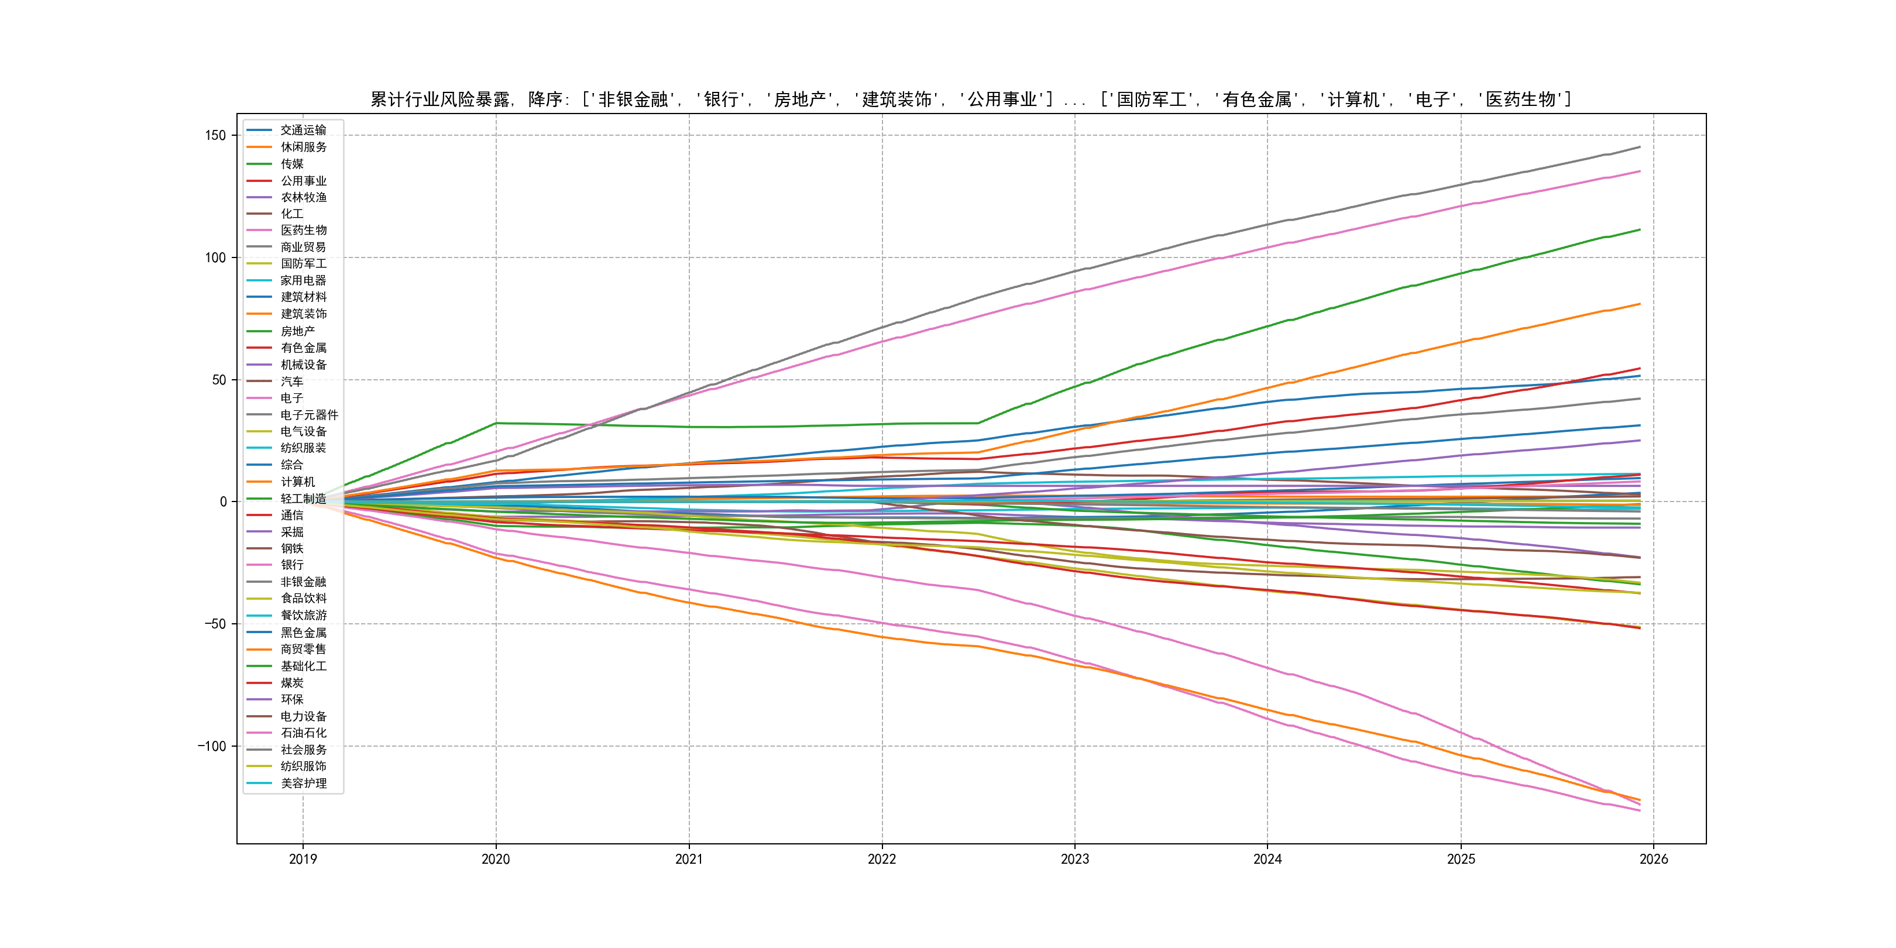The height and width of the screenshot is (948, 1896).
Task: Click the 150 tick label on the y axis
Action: (215, 135)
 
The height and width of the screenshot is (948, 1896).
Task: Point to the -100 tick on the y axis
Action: (211, 746)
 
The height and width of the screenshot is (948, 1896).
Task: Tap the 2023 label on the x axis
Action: (1074, 859)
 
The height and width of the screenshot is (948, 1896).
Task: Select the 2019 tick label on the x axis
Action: (303, 859)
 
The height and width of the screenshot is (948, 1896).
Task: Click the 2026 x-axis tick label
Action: (1654, 859)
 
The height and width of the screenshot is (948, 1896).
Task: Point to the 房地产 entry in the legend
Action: (297, 331)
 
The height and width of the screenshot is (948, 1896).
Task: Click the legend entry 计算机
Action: (297, 482)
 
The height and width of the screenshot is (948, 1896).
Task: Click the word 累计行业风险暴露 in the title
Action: (439, 99)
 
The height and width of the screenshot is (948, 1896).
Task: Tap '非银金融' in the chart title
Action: (633, 99)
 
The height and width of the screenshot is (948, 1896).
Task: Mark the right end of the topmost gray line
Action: (1640, 147)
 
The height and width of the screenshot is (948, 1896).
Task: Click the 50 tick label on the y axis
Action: (219, 380)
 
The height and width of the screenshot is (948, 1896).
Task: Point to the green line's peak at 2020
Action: (496, 423)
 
